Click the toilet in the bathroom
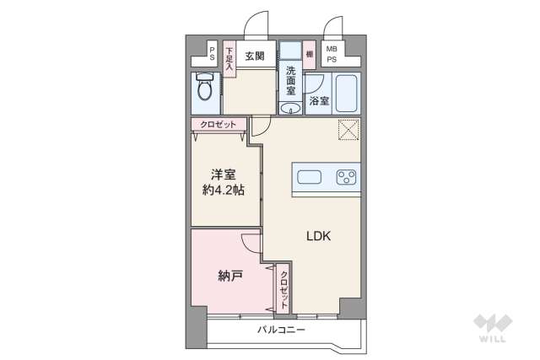[203, 89]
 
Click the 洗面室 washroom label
[290, 80]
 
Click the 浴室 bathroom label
[318, 101]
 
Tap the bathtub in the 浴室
[346, 93]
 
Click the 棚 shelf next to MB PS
[310, 54]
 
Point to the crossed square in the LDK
[348, 130]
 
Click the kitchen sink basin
[308, 177]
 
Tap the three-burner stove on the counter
[346, 177]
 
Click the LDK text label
[318, 236]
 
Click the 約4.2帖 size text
[224, 191]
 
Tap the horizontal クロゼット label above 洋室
[218, 125]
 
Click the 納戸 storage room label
[230, 275]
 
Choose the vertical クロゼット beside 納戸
[284, 288]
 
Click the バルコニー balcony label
[281, 330]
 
